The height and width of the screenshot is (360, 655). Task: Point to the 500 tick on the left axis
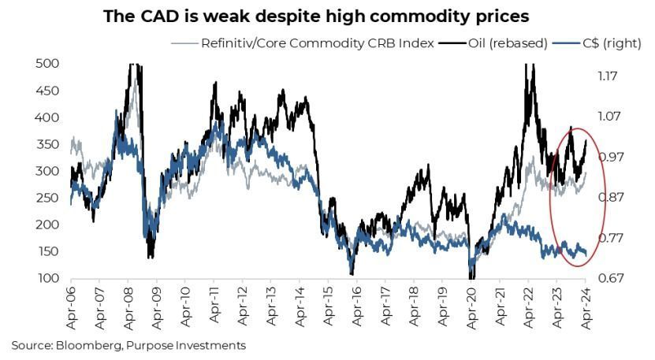(47, 63)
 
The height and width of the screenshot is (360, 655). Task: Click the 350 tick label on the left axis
(47, 144)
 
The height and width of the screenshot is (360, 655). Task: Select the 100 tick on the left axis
(47, 278)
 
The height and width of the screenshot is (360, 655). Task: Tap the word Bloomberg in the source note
(88, 345)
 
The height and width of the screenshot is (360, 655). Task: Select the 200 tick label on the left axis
(47, 225)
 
